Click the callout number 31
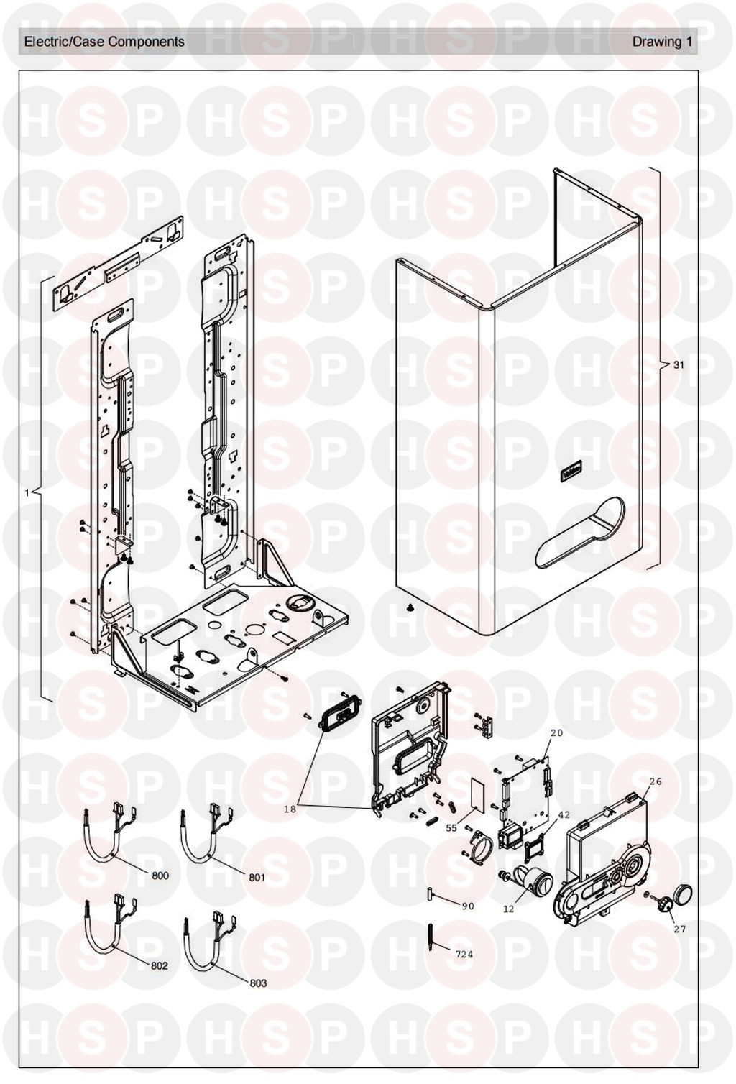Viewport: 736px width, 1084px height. [x=678, y=365]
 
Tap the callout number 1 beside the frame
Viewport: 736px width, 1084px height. [x=27, y=492]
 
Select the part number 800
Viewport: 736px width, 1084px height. [x=160, y=876]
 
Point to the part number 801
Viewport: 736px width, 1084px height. [x=257, y=877]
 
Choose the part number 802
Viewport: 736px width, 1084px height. [x=159, y=965]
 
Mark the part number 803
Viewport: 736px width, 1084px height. [x=258, y=983]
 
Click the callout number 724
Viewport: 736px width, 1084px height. [x=464, y=955]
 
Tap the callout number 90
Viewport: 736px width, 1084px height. [x=468, y=906]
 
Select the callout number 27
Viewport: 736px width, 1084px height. [x=679, y=929]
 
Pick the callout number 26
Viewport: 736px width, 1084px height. [x=655, y=781]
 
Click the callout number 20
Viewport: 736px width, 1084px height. [x=556, y=733]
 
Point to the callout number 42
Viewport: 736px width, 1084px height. [x=563, y=814]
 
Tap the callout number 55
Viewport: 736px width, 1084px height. [x=451, y=828]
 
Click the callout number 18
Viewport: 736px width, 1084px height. [x=290, y=809]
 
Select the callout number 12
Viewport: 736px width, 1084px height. [x=508, y=909]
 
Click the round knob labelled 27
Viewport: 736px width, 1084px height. [x=678, y=896]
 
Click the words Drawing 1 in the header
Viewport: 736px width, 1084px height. [x=661, y=42]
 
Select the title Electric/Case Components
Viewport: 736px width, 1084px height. [x=104, y=42]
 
